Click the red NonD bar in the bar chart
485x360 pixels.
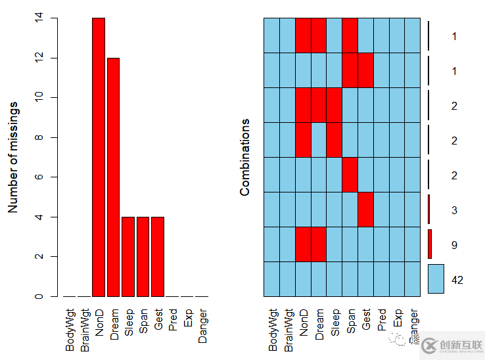99,157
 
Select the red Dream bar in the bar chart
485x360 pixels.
113,177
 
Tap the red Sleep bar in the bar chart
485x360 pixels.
128,256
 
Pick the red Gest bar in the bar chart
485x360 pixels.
158,256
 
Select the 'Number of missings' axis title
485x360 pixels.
12,157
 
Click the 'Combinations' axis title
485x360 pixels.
245,157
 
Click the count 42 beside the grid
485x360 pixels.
457,280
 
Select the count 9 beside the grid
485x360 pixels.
454,245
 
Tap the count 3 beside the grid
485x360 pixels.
454,210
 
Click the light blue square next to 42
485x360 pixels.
436,279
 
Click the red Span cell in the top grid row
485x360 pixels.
350,35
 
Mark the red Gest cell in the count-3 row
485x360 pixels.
365,209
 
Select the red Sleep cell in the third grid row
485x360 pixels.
334,104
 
